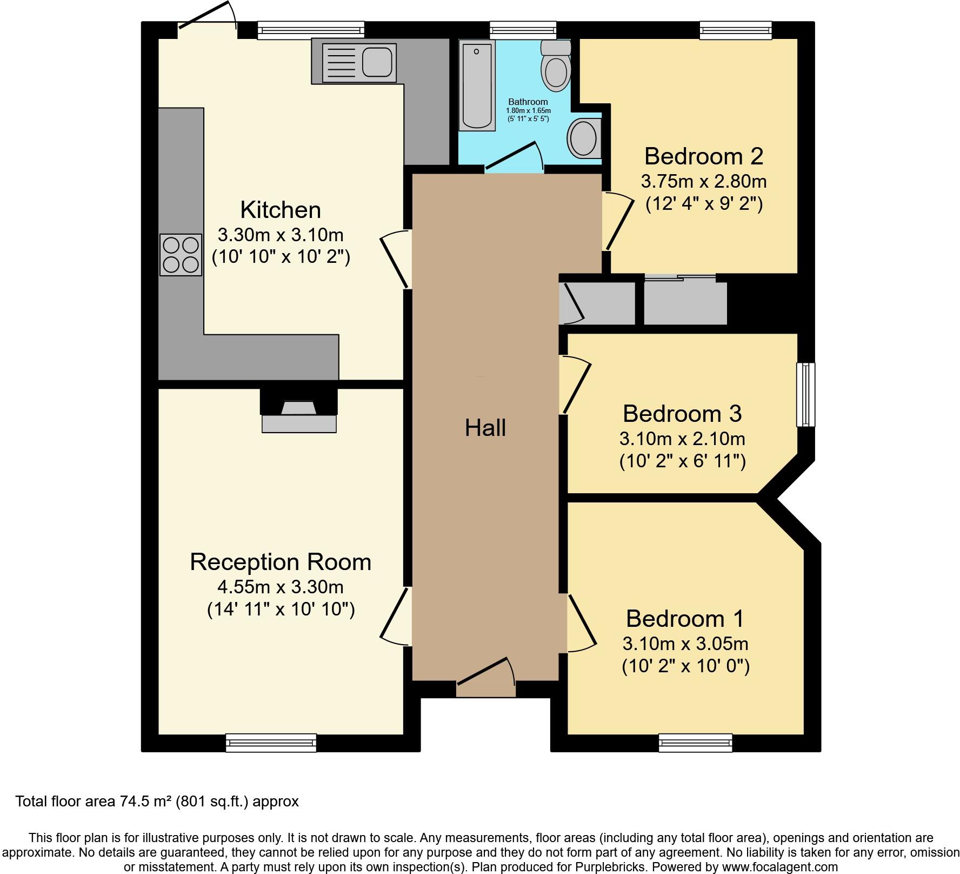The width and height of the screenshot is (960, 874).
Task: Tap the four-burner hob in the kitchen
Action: point(181,255)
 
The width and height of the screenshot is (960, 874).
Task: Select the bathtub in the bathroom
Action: point(477,87)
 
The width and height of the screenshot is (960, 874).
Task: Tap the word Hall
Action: point(485,428)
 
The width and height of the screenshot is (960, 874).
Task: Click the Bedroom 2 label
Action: point(703,156)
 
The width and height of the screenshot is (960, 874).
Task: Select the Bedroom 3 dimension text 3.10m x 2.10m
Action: point(682,438)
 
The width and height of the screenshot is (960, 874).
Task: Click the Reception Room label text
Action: point(281,562)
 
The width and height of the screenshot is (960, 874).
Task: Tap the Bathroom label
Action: point(528,102)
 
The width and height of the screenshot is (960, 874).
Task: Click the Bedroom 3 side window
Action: point(806,394)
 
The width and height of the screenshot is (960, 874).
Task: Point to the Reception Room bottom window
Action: point(271,743)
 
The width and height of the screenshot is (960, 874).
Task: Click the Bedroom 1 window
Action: point(695,743)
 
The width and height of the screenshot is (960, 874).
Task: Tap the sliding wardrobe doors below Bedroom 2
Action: point(681,278)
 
